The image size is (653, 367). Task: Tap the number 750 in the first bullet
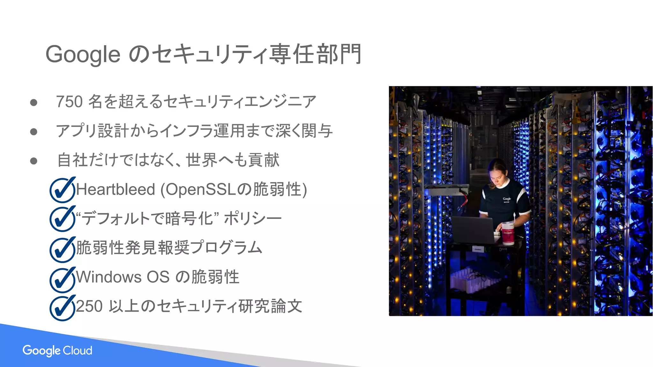point(70,102)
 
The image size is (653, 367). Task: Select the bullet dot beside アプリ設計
point(33,132)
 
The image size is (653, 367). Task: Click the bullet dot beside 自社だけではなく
point(33,161)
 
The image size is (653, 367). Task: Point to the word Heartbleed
point(115,190)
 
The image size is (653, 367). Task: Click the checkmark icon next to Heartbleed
point(62,190)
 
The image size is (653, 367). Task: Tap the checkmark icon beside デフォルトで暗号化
point(62,219)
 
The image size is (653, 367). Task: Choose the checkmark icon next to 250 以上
point(62,308)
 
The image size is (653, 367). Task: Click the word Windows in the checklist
point(108,277)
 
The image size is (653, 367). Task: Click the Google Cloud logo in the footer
point(57,350)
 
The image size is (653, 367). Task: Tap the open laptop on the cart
point(472,229)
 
